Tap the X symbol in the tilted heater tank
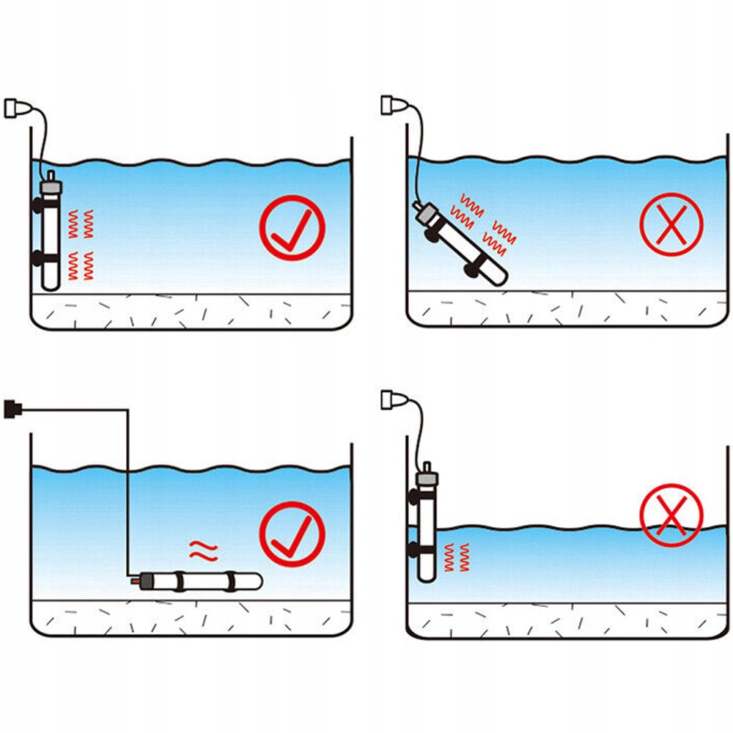click(x=671, y=225)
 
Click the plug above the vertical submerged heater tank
click(x=17, y=108)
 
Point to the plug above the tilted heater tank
click(x=391, y=106)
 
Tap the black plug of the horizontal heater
click(x=12, y=408)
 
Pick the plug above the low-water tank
click(x=391, y=399)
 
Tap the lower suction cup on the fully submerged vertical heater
click(x=37, y=258)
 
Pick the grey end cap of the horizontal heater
click(x=144, y=581)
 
